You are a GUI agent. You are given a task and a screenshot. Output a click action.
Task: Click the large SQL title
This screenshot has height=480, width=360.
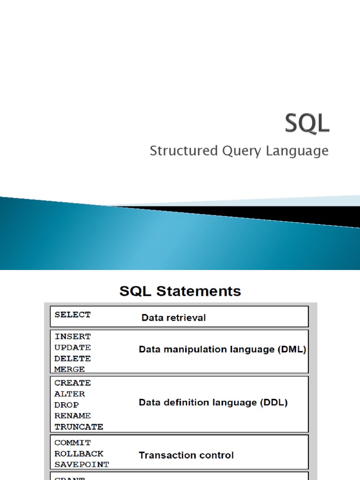(307, 124)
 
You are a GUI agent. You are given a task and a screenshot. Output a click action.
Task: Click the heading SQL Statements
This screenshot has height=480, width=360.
(180, 291)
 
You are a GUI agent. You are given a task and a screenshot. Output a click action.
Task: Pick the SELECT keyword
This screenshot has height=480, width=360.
(73, 315)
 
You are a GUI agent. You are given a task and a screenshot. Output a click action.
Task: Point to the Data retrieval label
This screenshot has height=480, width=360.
(173, 318)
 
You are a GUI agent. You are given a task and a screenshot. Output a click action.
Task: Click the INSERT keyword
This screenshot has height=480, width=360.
(73, 337)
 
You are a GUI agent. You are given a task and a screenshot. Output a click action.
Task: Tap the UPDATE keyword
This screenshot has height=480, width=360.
(73, 347)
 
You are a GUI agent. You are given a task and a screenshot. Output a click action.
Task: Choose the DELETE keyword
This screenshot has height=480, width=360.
(73, 358)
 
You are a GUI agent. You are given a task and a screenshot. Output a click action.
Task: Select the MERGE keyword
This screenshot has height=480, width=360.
(70, 369)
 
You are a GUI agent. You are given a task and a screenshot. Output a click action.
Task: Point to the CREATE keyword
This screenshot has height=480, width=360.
(73, 383)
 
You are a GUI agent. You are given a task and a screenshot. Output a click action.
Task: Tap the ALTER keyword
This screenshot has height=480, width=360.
(70, 394)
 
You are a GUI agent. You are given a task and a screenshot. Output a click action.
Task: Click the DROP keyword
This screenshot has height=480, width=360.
(67, 405)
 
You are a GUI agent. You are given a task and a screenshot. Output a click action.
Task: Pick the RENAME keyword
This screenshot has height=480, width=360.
(73, 415)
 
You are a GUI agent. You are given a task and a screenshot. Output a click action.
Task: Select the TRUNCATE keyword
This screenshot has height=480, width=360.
(79, 427)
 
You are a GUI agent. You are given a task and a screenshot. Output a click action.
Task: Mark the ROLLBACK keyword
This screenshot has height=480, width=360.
(79, 453)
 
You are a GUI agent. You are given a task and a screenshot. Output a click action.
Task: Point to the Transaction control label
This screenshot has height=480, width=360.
(186, 455)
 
